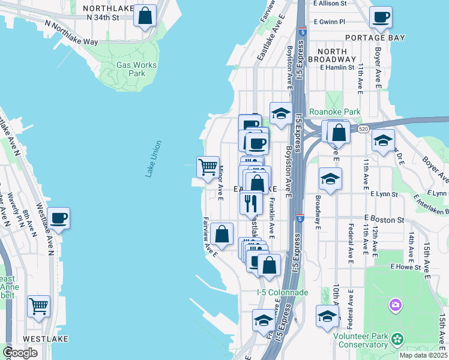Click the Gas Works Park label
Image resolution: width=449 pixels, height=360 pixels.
point(137,69)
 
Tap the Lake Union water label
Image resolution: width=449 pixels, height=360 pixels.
point(154,158)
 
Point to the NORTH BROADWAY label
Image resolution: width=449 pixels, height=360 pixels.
point(332,55)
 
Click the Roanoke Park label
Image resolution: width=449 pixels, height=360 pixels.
point(334,112)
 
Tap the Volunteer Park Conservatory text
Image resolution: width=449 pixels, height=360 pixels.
point(362,340)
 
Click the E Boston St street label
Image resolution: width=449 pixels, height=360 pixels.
point(384,220)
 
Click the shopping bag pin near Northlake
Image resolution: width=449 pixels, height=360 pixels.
point(145,16)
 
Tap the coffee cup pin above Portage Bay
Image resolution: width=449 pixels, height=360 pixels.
point(380,17)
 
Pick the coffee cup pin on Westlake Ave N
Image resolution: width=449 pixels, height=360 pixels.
point(58,218)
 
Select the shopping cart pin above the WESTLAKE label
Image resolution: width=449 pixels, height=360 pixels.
point(38,307)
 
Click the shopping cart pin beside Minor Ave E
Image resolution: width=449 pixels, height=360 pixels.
point(208,167)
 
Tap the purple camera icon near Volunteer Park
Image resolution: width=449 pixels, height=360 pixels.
point(395,305)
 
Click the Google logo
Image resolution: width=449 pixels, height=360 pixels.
point(20,353)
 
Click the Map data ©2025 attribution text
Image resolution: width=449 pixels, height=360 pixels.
point(423,355)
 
